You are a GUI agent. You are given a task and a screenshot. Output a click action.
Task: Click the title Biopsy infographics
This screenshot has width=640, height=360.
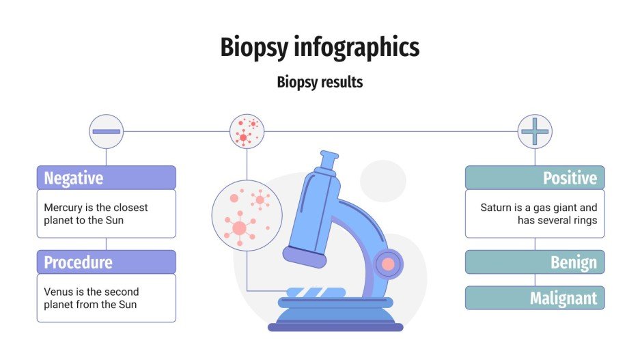(320, 48)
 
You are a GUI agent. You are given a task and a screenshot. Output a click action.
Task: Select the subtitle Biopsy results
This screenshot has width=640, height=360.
(320, 83)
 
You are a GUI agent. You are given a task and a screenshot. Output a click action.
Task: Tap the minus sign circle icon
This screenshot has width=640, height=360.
(107, 131)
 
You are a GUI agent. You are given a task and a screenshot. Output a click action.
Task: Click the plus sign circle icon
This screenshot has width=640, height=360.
(535, 131)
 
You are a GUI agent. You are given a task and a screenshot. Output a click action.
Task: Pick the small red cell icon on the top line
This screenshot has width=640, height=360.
(247, 131)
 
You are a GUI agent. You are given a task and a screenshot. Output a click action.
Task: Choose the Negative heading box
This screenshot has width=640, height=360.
(107, 178)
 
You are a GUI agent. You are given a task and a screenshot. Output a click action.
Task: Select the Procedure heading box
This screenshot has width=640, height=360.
(107, 262)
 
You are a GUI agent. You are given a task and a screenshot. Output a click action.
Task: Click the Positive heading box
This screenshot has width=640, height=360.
(535, 178)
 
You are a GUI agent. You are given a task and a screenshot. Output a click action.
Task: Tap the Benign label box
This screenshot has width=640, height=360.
(535, 262)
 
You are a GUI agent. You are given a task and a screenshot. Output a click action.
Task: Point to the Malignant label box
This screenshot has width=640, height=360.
(535, 298)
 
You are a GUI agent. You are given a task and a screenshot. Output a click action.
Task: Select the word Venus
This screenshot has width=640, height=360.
(59, 292)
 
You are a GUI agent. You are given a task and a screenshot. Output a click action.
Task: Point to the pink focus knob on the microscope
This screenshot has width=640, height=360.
(388, 264)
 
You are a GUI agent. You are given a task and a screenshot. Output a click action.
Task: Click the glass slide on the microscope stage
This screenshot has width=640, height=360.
(316, 292)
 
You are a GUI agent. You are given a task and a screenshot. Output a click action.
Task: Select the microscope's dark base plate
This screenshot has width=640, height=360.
(335, 327)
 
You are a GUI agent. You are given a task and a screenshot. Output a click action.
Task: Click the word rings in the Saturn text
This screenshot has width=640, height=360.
(584, 220)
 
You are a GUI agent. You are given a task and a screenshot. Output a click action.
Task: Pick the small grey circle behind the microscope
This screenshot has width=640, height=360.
(383, 180)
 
